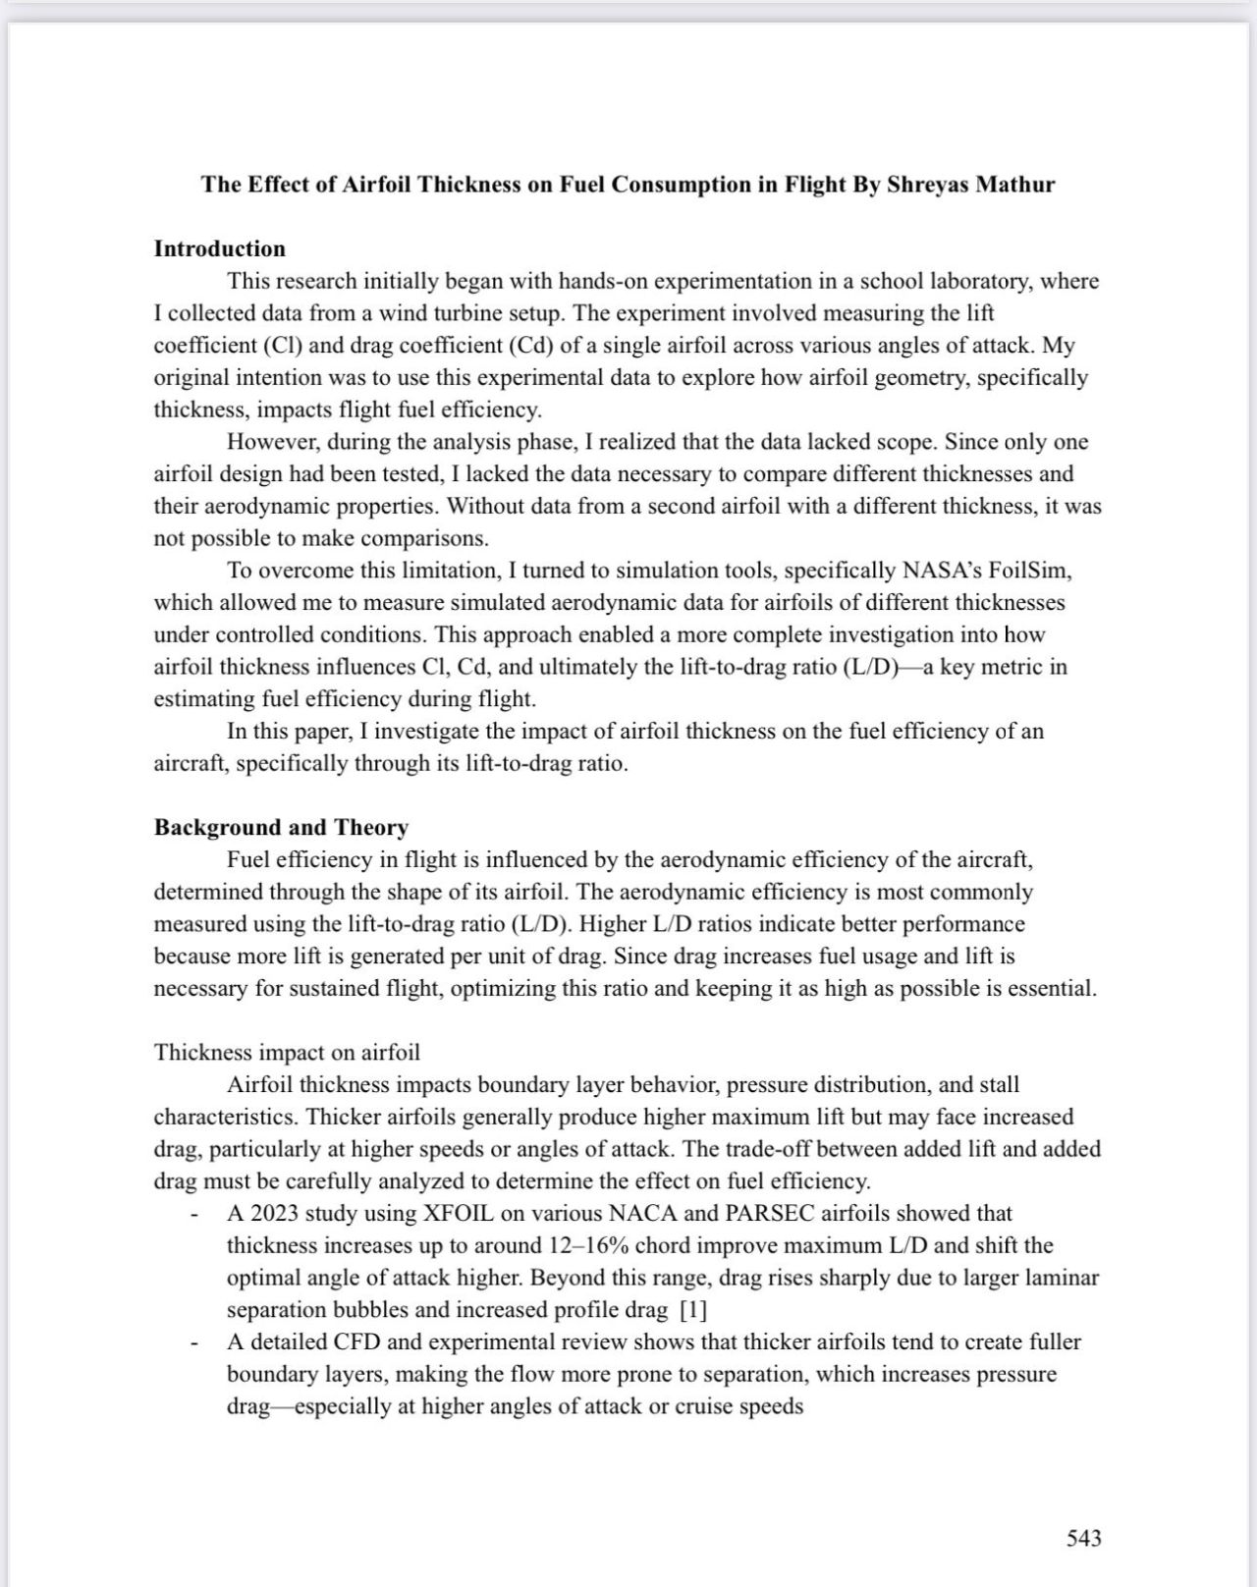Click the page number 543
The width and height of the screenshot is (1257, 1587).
pos(1083,1537)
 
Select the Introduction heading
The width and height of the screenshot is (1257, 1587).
pos(219,248)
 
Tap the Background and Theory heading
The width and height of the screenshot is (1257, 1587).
pos(281,827)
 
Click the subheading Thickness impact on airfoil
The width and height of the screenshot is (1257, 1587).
pos(287,1052)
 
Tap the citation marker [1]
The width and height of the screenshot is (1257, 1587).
pos(692,1310)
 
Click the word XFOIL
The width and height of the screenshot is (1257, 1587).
pos(462,1214)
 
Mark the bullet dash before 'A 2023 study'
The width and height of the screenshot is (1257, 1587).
pos(195,1216)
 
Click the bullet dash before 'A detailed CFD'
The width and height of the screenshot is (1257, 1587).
pos(195,1343)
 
